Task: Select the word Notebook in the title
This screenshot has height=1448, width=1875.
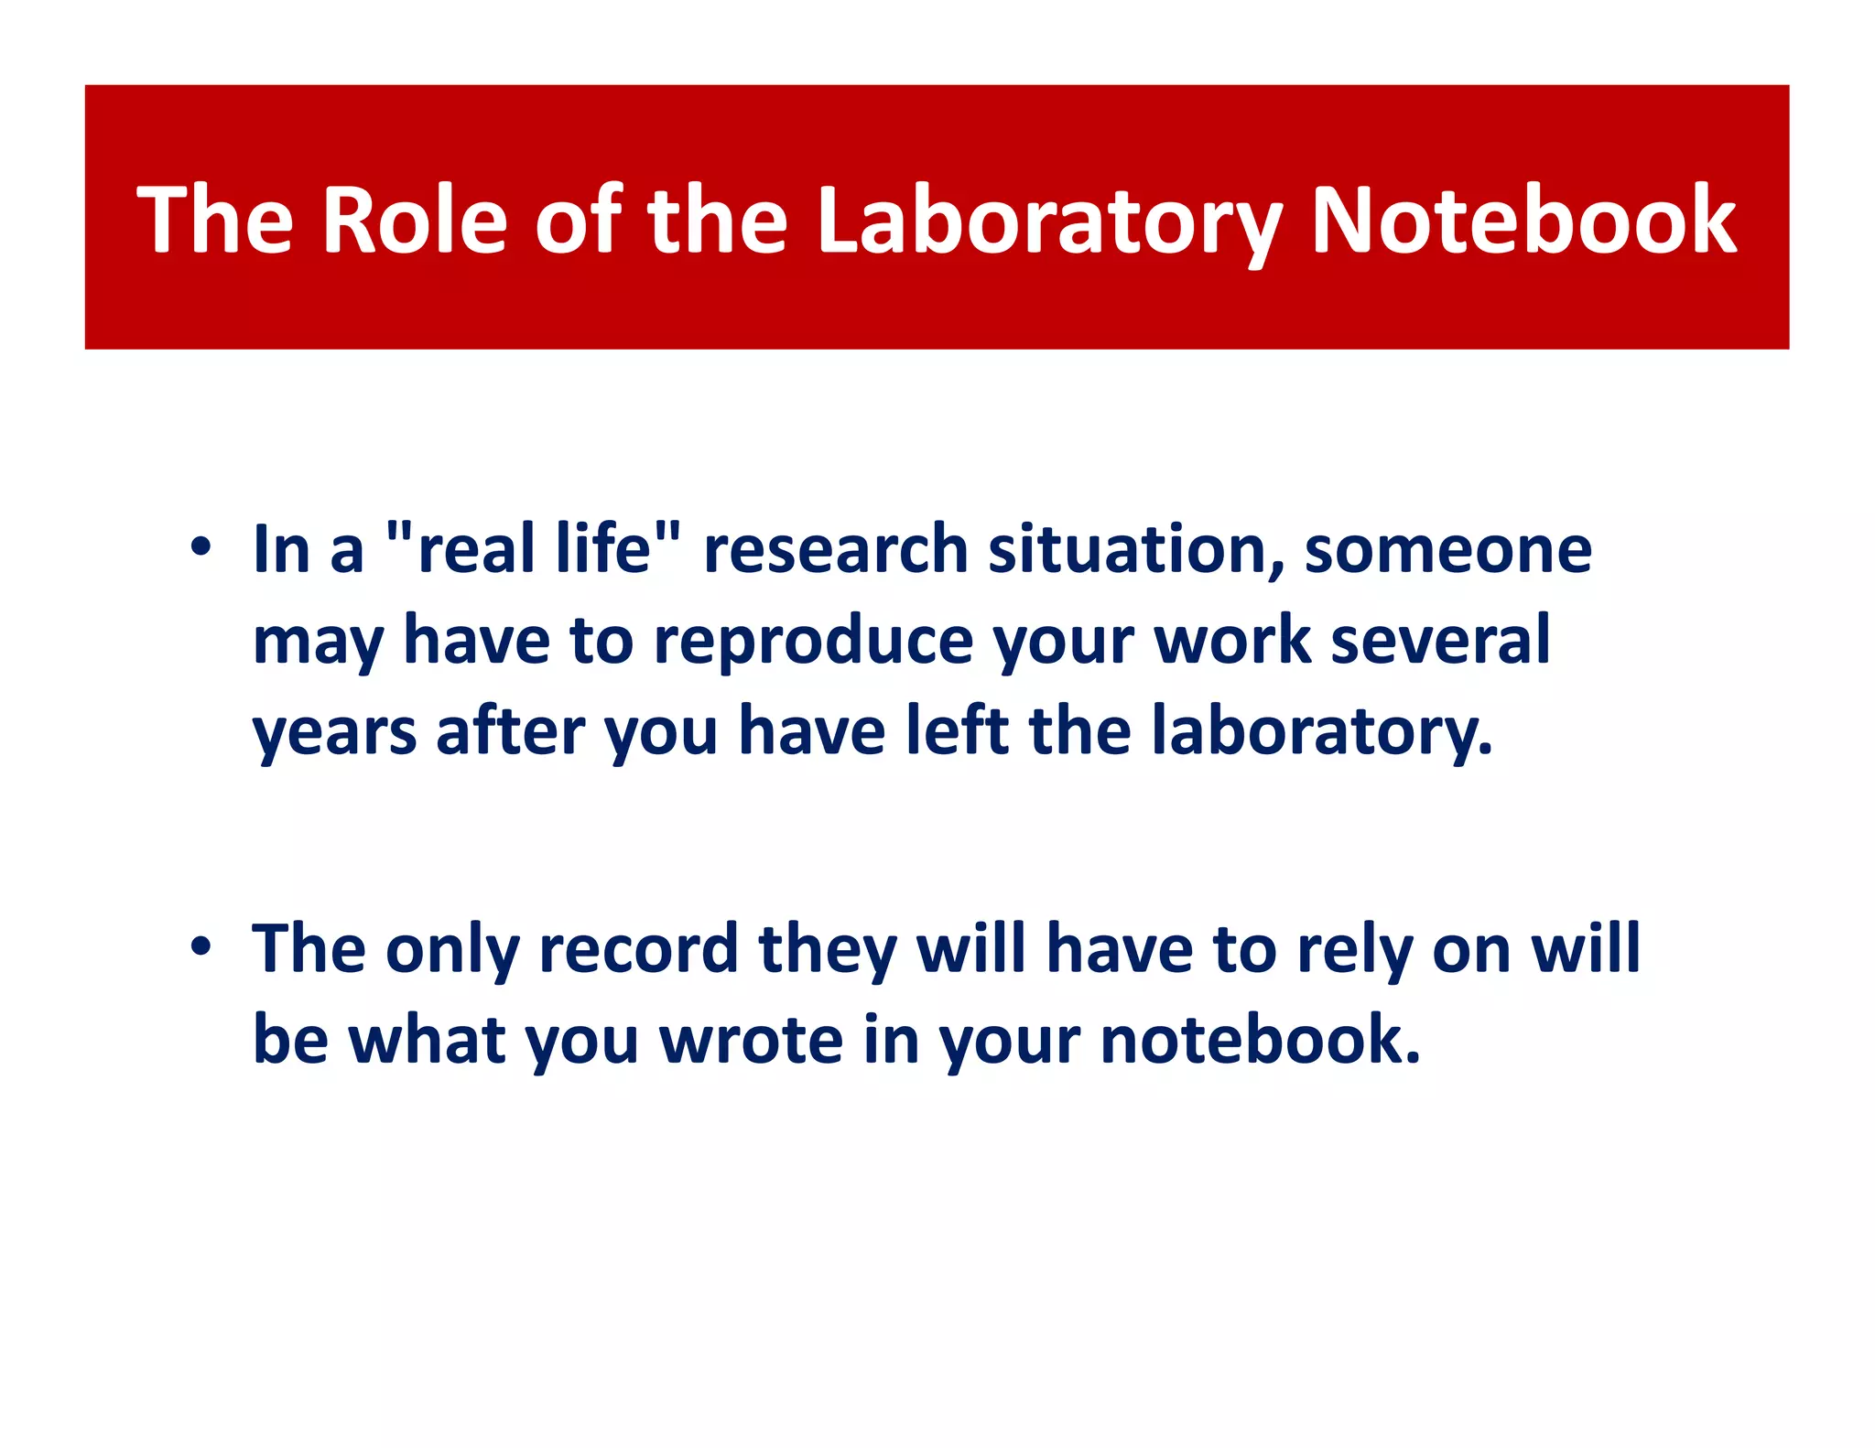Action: tap(1523, 220)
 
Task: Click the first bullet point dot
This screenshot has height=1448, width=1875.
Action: tap(201, 547)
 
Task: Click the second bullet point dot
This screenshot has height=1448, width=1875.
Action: tap(201, 947)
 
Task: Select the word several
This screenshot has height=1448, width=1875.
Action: tap(1440, 640)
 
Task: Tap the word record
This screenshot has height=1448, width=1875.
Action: tap(638, 949)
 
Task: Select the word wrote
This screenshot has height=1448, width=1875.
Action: tap(752, 1040)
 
